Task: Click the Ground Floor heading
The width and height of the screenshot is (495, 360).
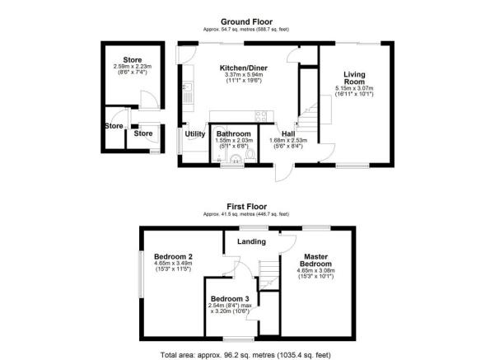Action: point(247,22)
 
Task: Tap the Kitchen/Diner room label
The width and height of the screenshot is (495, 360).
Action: point(241,68)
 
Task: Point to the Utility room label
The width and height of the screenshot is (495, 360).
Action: point(195,133)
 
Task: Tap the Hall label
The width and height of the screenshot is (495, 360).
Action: point(287,133)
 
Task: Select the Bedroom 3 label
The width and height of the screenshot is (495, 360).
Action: point(230,298)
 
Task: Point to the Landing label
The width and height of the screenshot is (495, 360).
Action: point(251,241)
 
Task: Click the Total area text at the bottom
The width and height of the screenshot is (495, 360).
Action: point(247,351)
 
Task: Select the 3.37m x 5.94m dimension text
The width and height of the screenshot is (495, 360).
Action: point(241,76)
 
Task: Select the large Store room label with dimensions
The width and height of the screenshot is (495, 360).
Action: point(133,60)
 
